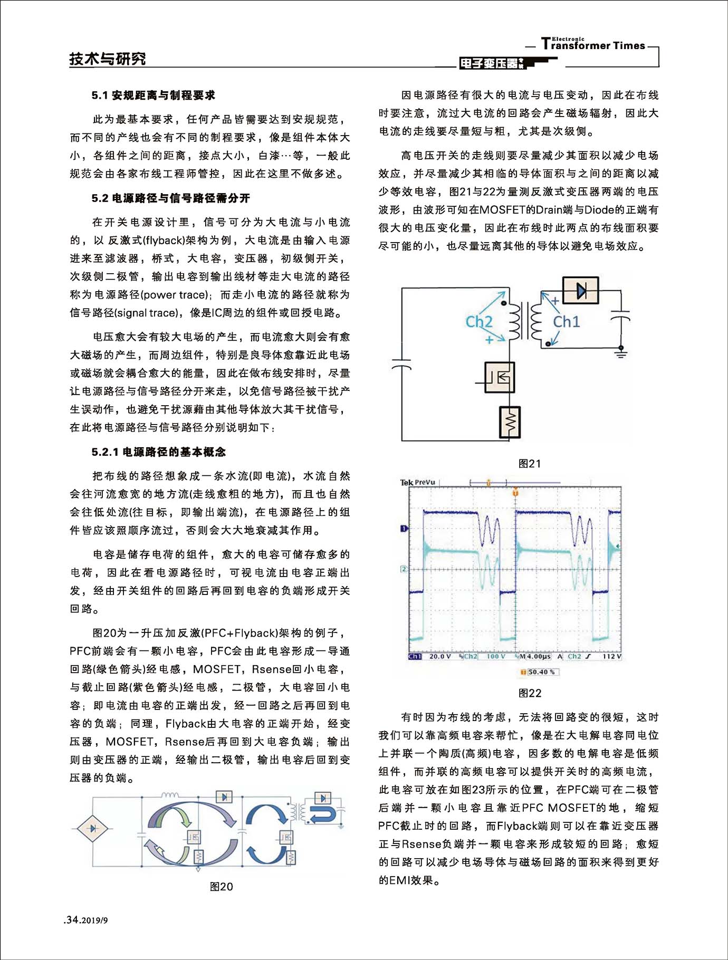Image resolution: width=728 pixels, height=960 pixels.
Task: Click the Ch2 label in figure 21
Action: tap(478, 321)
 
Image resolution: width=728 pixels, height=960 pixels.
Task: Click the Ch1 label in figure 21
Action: tap(566, 321)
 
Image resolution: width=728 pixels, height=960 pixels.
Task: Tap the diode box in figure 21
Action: tap(580, 290)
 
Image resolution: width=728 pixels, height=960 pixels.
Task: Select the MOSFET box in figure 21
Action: tap(499, 377)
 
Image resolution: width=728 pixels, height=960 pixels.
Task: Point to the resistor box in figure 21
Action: tap(510, 422)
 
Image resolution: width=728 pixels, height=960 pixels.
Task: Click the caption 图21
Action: tap(529, 464)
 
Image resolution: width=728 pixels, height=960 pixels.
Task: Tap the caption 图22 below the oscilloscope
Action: tap(529, 693)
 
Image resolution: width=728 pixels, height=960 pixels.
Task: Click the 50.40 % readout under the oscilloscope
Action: tap(540, 672)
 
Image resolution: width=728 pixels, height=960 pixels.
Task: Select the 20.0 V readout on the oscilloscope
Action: tap(440, 657)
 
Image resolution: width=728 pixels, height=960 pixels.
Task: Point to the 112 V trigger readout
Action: tap(611, 657)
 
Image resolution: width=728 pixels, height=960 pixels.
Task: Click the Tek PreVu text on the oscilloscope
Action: tap(417, 482)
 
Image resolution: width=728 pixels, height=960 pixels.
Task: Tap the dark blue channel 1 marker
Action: tap(404, 528)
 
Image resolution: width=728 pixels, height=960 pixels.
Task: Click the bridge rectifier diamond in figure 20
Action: tap(93, 828)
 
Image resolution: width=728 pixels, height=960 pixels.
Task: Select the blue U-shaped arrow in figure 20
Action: tap(323, 815)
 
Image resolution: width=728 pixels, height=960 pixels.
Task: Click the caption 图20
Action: tap(221, 887)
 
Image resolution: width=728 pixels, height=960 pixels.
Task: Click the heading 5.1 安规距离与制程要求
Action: tap(153, 95)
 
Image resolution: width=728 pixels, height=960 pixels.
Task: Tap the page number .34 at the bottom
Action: tap(72, 920)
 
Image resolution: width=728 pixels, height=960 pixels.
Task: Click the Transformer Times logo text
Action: tap(593, 45)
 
